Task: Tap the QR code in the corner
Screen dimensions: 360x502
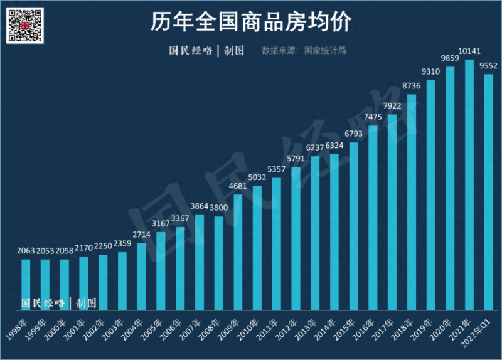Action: point(25,25)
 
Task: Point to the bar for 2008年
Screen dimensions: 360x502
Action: point(218,263)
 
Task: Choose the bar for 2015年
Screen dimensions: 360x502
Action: point(353,226)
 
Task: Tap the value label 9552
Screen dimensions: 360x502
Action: point(489,65)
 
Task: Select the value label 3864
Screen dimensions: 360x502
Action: point(200,206)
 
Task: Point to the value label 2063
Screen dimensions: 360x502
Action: point(26,251)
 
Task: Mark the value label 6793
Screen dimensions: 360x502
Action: point(354,134)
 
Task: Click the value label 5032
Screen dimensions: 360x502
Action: point(257,177)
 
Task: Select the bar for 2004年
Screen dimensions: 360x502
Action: point(141,277)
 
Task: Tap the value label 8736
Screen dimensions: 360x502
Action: point(412,86)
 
